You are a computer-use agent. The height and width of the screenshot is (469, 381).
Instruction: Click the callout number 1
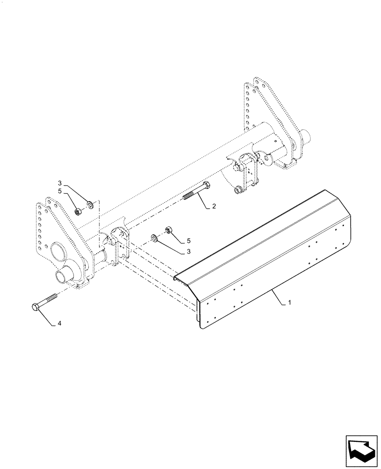290,303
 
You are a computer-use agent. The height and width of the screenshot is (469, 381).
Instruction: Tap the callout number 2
213,206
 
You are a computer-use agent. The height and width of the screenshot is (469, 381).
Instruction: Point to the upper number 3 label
60,183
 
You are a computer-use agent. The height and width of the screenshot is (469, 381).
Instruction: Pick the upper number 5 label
60,191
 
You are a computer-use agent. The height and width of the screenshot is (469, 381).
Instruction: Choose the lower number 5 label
189,240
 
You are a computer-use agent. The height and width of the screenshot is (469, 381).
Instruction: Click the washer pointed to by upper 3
90,204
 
